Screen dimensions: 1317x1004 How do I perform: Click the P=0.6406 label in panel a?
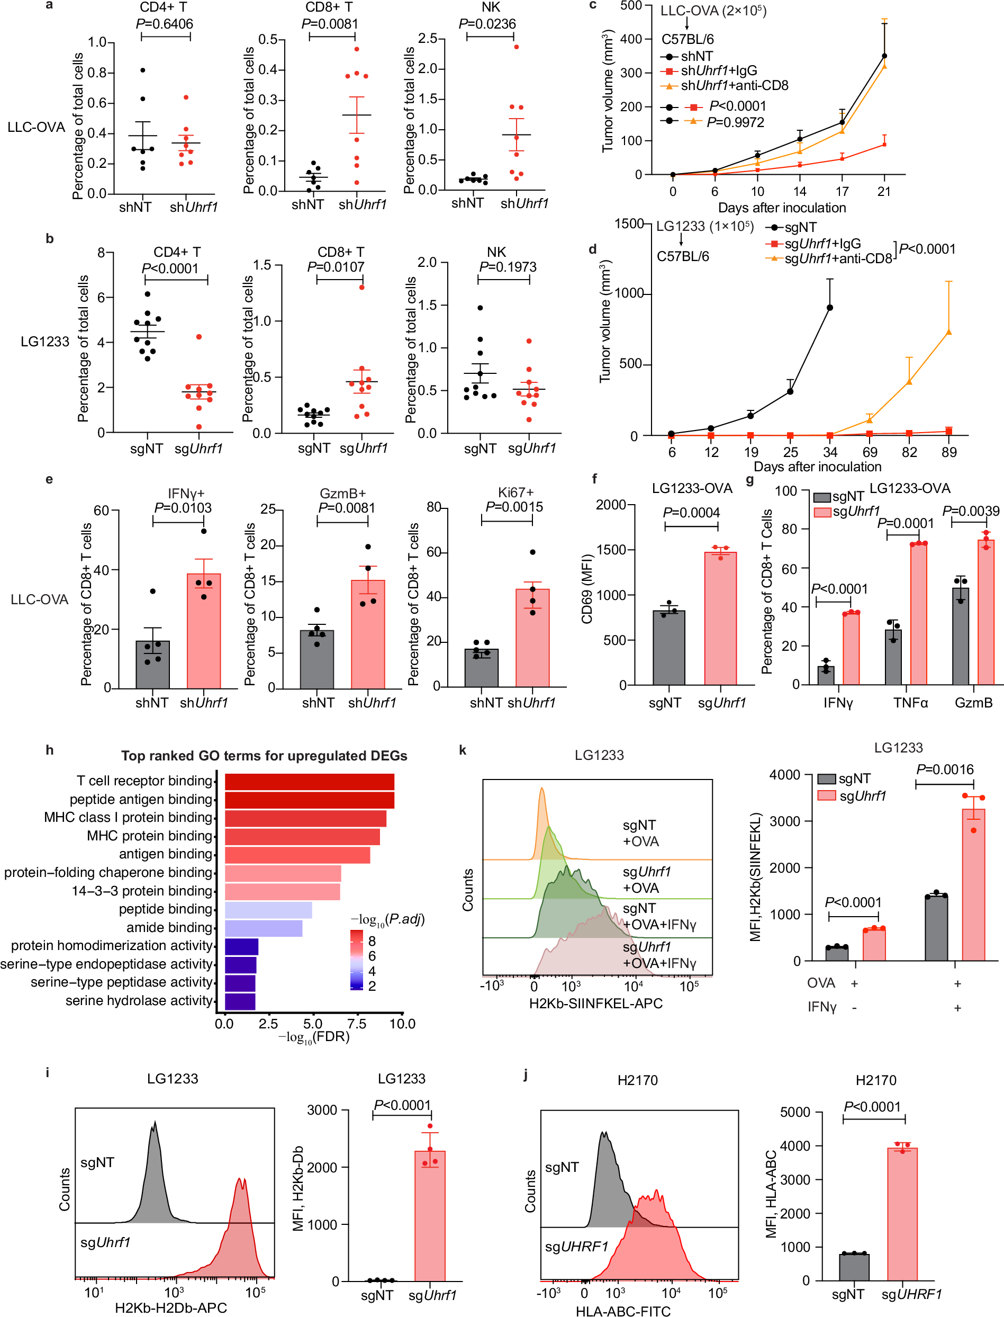coord(165,24)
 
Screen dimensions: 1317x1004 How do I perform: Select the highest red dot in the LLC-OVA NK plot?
coord(517,47)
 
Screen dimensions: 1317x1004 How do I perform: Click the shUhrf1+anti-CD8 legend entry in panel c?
coord(734,85)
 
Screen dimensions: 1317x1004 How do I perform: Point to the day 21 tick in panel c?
coord(884,191)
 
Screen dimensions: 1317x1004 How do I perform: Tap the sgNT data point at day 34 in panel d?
coord(829,308)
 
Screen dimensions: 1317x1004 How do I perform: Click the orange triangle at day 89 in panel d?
coord(949,332)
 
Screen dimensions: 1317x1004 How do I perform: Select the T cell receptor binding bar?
coord(309,781)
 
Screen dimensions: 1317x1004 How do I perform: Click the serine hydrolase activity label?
coord(139,1001)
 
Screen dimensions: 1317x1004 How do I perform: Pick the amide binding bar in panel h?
coord(264,928)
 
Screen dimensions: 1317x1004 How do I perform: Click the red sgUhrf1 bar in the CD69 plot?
coord(720,619)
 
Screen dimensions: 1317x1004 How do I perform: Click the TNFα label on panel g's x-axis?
coord(910,703)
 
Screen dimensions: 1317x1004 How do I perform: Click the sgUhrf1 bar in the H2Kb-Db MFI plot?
coord(430,1216)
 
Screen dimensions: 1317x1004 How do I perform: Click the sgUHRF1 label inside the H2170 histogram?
coord(576,1247)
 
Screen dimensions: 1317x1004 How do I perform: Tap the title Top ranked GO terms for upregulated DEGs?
coord(264,756)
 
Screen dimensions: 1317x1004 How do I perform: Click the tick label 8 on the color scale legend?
coord(372,940)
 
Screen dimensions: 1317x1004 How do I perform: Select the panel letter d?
coord(592,249)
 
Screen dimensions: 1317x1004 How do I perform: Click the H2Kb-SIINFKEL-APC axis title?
coord(596,1003)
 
